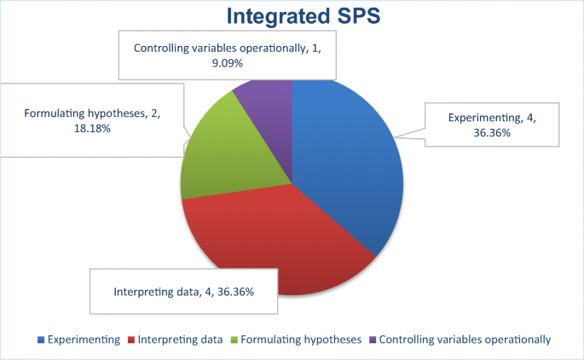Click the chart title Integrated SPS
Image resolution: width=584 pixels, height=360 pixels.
(x=304, y=16)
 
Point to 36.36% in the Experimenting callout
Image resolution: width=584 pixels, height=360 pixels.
(x=492, y=133)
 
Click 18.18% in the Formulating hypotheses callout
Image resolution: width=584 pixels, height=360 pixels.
(x=92, y=129)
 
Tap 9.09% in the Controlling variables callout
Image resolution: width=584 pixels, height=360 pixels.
(x=227, y=63)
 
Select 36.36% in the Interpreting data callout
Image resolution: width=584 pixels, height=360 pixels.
(x=235, y=292)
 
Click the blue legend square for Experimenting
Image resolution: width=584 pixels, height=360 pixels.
(x=41, y=340)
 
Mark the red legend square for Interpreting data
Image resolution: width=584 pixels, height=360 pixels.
(x=131, y=340)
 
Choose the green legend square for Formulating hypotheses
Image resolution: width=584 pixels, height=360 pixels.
(x=234, y=340)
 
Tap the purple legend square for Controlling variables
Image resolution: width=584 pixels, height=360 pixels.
(x=373, y=340)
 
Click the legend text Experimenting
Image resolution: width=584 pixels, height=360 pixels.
(x=84, y=340)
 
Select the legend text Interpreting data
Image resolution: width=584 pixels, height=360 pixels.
(x=180, y=340)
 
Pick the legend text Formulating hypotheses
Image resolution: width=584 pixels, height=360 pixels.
(x=301, y=340)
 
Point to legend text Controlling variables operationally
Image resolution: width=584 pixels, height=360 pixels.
(x=465, y=340)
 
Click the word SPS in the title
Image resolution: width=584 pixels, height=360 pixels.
(x=359, y=16)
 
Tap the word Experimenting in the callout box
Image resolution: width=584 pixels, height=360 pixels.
(x=485, y=118)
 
